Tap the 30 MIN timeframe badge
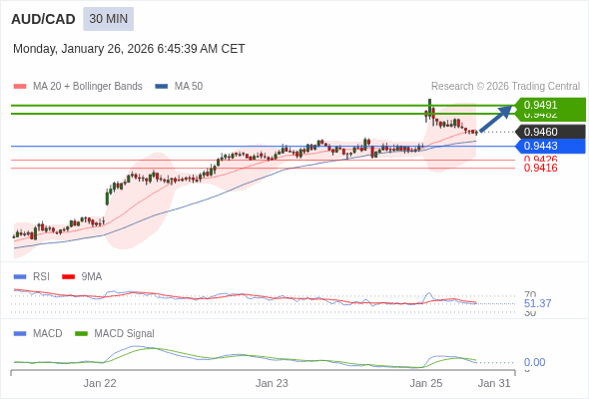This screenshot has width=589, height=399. tap(109, 19)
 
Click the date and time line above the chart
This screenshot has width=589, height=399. tap(129, 48)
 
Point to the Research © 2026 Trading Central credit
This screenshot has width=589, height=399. tap(505, 87)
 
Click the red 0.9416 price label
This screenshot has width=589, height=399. tap(540, 168)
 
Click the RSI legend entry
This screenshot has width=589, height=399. tap(40, 276)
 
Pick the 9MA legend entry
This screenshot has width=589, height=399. tap(91, 276)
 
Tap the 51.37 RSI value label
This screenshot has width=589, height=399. tap(537, 303)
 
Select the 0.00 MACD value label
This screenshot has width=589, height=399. tap(534, 362)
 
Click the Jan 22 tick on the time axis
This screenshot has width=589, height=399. tap(100, 383)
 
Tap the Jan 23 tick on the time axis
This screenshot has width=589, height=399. tap(272, 383)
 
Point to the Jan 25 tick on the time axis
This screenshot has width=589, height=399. tap(426, 383)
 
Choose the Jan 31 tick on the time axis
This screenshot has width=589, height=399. tap(494, 383)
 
